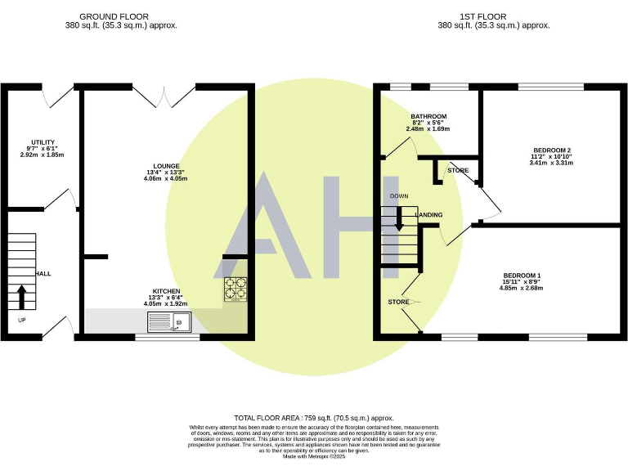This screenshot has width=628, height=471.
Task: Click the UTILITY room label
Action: (x=43, y=141)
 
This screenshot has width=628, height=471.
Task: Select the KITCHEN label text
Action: (x=166, y=291)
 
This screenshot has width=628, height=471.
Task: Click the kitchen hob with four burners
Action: (x=235, y=289)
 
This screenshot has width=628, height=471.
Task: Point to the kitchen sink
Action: (x=168, y=325)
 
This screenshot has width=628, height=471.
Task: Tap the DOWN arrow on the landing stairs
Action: (x=399, y=218)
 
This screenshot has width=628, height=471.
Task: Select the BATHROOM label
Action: (x=428, y=116)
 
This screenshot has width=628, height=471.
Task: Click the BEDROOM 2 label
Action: (x=551, y=150)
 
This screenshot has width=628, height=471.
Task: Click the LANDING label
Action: (x=429, y=215)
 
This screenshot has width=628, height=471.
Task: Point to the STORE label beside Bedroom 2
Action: (x=458, y=170)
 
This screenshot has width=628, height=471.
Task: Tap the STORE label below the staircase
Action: (x=398, y=302)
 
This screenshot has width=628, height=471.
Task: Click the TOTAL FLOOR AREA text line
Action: (x=314, y=417)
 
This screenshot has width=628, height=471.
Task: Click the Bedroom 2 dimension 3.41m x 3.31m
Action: (x=551, y=163)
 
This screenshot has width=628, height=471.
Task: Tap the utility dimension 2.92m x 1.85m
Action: (x=43, y=155)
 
